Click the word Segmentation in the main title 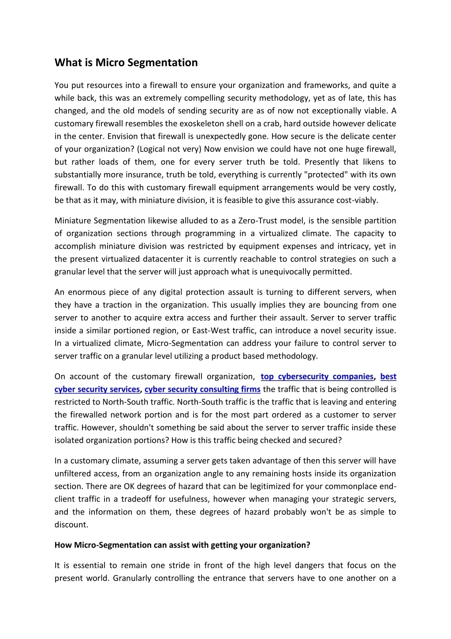point(162,63)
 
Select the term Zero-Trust point(257,221)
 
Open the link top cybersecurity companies point(317,377)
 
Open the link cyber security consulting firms point(202,389)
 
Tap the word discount point(71,525)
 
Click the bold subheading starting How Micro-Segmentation point(183,545)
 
